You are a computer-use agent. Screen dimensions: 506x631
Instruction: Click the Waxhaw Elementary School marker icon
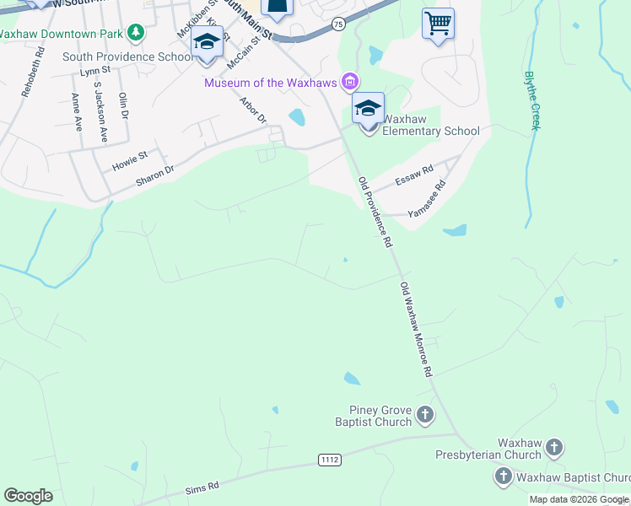[x=368, y=110]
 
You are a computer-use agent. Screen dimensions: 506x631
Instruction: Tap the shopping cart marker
[x=438, y=23]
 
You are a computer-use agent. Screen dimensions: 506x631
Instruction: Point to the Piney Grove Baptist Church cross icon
[x=425, y=414]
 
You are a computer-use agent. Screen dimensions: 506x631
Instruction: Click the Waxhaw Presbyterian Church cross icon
[x=554, y=448]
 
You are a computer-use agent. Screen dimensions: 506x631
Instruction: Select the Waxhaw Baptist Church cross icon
[x=503, y=476]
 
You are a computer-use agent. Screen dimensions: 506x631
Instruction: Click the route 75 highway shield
[x=338, y=25]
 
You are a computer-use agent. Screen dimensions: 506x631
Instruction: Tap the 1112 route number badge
[x=330, y=460]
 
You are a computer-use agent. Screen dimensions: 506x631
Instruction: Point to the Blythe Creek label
[x=531, y=100]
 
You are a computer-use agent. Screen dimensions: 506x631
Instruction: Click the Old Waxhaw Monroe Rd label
[x=417, y=329]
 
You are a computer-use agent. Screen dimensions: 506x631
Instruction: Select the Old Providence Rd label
[x=375, y=212]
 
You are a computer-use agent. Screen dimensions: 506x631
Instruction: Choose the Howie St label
[x=130, y=158]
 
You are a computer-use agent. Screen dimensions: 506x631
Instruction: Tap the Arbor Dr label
[x=252, y=110]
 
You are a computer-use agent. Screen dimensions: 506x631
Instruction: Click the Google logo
[x=28, y=496]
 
